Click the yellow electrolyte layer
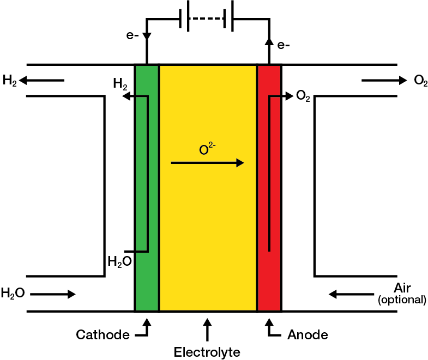coord(208,218)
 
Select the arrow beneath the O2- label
coord(207,162)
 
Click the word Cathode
coord(103,334)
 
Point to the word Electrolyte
coord(207,352)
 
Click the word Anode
coord(308,334)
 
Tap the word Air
coord(404,288)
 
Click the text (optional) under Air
coord(402,300)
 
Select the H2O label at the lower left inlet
coord(13,294)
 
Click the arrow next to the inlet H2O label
coord(53,294)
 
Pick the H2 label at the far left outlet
coord(10,81)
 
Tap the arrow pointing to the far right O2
coord(384,81)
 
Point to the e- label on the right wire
coord(283,45)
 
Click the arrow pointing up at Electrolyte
coord(207,330)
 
